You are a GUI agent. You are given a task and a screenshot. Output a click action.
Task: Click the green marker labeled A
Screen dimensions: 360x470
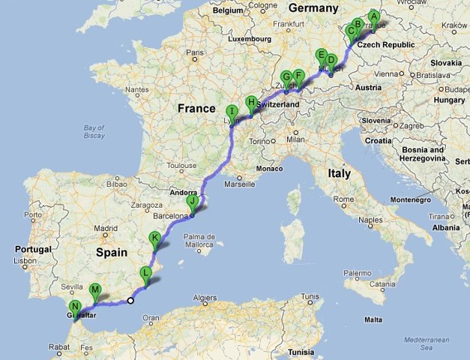[374, 16]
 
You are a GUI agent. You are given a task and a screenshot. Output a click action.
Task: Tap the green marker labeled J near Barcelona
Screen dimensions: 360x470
[193, 201]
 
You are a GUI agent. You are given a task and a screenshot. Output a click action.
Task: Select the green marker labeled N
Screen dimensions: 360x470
[75, 307]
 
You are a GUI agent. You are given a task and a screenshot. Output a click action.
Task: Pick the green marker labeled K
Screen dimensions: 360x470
[155, 238]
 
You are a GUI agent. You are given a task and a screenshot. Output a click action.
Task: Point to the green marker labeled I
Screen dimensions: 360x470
[232, 112]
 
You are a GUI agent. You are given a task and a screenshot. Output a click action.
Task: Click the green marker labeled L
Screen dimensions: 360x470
[147, 273]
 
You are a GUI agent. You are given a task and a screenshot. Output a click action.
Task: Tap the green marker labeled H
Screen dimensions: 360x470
[251, 102]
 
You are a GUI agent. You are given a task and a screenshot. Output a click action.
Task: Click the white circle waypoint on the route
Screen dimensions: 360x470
[130, 301]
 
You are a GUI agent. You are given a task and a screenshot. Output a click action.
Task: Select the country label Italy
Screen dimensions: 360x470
[338, 173]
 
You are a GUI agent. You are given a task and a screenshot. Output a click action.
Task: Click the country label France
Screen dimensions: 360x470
[196, 109]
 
